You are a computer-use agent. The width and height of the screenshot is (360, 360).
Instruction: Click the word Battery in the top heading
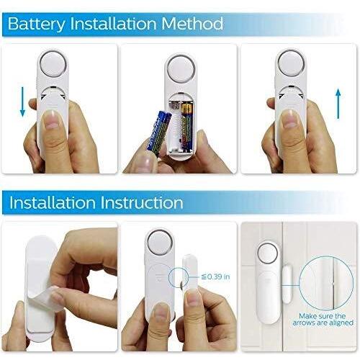37,24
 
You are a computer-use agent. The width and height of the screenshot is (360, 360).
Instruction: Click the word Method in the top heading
192,23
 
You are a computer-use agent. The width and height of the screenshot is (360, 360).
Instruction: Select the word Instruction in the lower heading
142,203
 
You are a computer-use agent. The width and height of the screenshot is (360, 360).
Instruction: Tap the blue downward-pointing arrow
22,102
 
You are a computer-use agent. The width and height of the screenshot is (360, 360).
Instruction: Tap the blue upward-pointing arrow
338,104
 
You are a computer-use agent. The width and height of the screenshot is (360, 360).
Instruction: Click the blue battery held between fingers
158,133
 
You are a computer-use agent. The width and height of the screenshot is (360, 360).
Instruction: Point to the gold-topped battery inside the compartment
186,127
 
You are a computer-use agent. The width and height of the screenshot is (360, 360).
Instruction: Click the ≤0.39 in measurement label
215,276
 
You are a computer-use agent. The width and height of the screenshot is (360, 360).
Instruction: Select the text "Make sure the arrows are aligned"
323,319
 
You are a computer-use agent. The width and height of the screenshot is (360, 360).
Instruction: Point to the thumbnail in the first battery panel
51,120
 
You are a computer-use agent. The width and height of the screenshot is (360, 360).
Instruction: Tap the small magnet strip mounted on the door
287,283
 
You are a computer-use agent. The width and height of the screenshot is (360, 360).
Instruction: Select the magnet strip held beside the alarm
189,275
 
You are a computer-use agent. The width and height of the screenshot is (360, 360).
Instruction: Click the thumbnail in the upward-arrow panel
289,119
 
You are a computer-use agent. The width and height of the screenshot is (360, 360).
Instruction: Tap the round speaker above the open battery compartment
181,69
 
